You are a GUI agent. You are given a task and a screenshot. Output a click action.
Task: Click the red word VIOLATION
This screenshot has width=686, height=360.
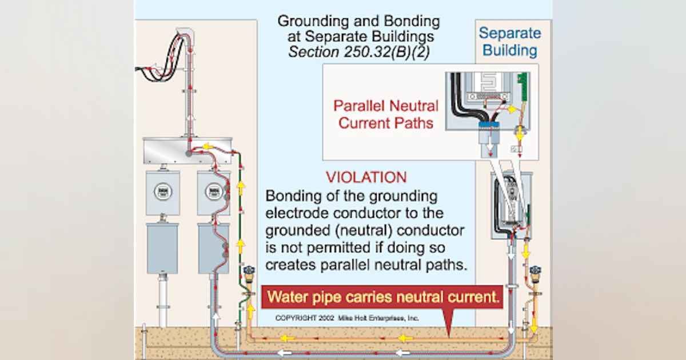click(x=366, y=177)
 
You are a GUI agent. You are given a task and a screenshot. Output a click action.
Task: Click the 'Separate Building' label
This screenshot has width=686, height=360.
click(x=510, y=42)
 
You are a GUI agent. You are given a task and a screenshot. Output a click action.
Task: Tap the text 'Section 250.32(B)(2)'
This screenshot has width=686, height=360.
click(x=359, y=52)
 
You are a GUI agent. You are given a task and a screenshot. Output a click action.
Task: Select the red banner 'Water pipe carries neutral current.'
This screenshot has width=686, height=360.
click(x=382, y=297)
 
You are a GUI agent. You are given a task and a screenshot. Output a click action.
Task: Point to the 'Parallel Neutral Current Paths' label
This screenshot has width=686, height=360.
click(x=386, y=114)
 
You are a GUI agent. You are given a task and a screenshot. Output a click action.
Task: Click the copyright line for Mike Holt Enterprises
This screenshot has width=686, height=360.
click(x=347, y=318)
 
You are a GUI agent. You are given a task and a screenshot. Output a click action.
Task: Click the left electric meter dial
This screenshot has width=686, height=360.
click(x=162, y=192)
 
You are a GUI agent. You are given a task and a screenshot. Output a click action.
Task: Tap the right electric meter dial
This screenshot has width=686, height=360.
click(x=214, y=192)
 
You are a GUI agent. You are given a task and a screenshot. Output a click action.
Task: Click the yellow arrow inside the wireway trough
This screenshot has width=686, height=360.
click(x=208, y=147)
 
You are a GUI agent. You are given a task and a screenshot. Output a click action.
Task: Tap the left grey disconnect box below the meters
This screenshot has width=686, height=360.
click(x=162, y=248)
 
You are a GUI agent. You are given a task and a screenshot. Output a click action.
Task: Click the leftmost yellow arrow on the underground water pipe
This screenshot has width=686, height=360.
click(x=288, y=338)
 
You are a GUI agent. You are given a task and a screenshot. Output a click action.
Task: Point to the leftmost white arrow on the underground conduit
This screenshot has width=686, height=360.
click(x=285, y=353)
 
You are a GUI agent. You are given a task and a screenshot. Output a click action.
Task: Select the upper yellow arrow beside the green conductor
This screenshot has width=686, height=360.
click(x=241, y=188)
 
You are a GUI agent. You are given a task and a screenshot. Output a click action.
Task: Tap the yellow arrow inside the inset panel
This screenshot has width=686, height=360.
click(x=512, y=110)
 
